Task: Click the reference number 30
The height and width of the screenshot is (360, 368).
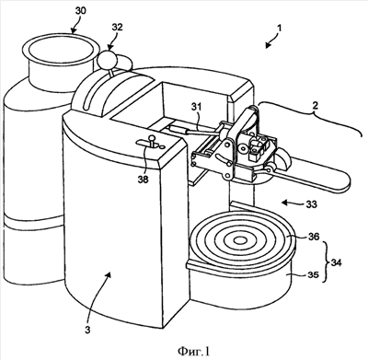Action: click(x=81, y=11)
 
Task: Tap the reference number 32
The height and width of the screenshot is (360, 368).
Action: click(x=117, y=27)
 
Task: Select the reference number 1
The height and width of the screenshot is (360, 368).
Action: click(x=279, y=29)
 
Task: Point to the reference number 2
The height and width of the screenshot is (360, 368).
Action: click(x=316, y=106)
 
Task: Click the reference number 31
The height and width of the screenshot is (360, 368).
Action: click(x=198, y=107)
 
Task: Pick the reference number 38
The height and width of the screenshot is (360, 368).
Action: click(x=144, y=180)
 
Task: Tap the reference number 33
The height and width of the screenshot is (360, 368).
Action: click(x=311, y=204)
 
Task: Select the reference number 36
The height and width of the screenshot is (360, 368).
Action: click(x=314, y=237)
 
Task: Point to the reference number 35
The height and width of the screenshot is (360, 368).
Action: click(x=314, y=274)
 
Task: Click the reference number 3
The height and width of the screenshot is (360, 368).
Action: click(x=87, y=331)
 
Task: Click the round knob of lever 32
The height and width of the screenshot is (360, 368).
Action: click(x=107, y=59)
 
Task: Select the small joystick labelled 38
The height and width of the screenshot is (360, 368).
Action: click(x=151, y=142)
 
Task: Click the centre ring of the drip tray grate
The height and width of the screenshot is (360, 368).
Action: click(x=240, y=240)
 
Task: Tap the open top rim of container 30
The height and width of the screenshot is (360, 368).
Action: click(x=60, y=48)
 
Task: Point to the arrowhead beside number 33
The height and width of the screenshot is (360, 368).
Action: click(x=285, y=203)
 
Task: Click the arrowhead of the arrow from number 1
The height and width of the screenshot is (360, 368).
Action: click(x=268, y=45)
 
